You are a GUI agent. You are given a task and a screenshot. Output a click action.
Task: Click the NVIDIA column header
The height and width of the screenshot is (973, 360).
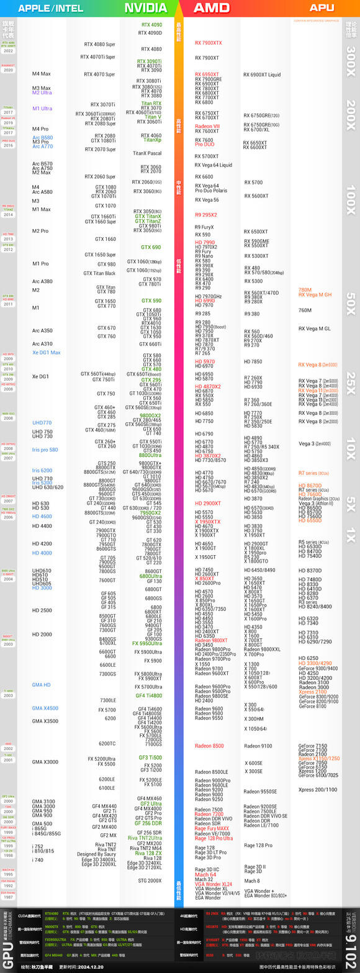(146, 8)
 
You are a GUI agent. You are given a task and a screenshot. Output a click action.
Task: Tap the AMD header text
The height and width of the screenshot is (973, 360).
(212, 8)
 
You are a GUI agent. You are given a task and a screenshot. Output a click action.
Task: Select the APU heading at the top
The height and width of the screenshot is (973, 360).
(322, 8)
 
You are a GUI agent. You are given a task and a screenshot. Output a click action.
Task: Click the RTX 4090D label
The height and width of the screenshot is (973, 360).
(150, 33)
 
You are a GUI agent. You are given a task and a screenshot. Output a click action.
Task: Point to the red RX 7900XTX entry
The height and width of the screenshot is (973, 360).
(208, 43)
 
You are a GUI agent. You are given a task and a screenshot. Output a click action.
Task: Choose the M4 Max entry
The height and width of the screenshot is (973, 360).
(42, 74)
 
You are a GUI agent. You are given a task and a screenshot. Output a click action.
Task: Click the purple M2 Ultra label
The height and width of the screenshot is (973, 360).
(42, 93)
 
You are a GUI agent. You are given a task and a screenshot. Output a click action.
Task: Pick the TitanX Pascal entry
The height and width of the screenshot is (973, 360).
(147, 153)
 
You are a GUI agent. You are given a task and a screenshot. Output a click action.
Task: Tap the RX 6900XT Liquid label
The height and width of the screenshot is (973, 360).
(262, 75)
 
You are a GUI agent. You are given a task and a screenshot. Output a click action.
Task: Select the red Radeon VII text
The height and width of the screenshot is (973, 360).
(207, 126)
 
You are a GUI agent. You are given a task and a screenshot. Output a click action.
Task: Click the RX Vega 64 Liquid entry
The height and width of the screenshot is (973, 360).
(214, 165)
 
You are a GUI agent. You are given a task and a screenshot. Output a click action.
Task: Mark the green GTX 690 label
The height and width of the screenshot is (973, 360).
(150, 247)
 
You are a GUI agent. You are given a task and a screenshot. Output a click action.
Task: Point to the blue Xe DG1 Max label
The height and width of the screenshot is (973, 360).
(47, 353)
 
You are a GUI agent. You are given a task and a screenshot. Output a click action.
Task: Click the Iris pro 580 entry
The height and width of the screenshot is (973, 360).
(45, 450)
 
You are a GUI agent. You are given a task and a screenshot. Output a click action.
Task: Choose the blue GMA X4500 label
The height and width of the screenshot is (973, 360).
(45, 708)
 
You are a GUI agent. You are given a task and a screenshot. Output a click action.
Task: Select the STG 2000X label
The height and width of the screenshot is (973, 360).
(150, 880)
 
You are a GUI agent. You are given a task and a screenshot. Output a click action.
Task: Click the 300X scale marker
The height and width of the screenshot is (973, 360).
(351, 60)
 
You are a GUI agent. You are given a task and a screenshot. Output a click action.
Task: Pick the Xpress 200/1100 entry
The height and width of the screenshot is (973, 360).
(318, 789)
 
